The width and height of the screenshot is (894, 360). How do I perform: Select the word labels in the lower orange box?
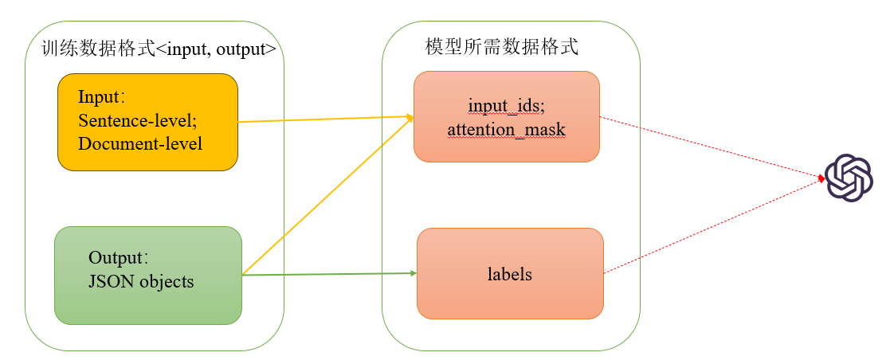pyautogui.click(x=509, y=275)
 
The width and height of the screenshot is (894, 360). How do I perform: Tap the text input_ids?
pyautogui.click(x=506, y=106)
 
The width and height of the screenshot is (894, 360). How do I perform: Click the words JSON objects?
pyautogui.click(x=141, y=281)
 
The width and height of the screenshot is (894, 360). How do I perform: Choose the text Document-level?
pyautogui.click(x=140, y=143)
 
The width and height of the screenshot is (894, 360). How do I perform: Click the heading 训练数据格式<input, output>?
pyautogui.click(x=159, y=49)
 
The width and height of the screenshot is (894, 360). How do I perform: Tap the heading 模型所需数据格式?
pyautogui.click(x=502, y=46)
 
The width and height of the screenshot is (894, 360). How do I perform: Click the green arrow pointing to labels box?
pyautogui.click(x=327, y=275)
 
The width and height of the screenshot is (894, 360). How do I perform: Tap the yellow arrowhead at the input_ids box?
pyautogui.click(x=410, y=117)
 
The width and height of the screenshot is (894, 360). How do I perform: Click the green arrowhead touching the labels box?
pyautogui.click(x=413, y=273)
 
